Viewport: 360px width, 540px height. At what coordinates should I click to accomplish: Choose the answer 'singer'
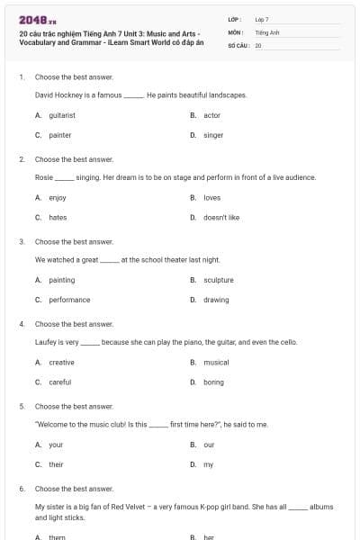click(213, 135)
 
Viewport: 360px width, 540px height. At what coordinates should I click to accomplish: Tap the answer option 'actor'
click(211, 116)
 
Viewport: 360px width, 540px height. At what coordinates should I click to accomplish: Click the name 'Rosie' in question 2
click(43, 177)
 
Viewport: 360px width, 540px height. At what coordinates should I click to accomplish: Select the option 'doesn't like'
click(220, 217)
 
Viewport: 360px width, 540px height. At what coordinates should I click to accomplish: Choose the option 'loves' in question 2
click(211, 197)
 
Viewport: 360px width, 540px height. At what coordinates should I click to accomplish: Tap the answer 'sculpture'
click(218, 280)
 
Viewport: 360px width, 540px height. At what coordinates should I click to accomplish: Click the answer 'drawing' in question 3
click(216, 300)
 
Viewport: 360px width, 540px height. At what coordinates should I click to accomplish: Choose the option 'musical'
click(216, 362)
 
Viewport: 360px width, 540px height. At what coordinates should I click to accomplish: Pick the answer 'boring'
click(213, 382)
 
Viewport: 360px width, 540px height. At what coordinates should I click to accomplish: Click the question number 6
click(21, 488)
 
